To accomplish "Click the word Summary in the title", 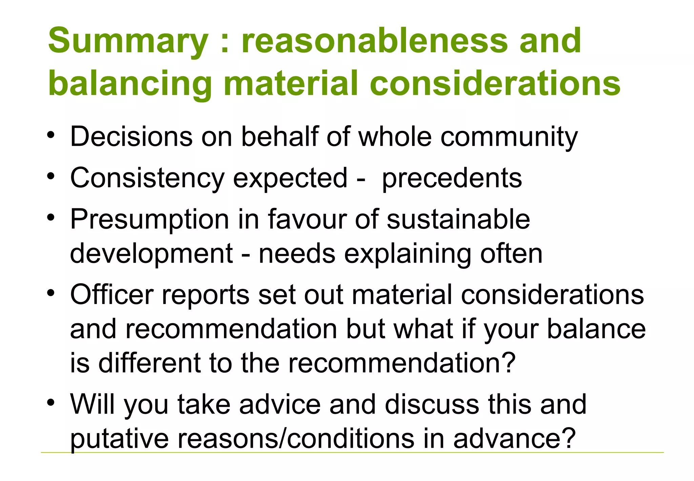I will point(128,41).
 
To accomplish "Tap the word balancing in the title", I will point(130,83).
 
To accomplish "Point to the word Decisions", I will point(131,136).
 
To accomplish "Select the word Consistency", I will point(147,178).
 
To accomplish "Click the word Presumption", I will point(149,220).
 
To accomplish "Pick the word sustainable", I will point(458,219).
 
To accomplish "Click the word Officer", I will point(112,294).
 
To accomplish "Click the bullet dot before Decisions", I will point(51,136).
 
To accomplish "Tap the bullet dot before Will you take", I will point(51,403).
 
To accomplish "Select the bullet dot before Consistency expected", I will point(51,177).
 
